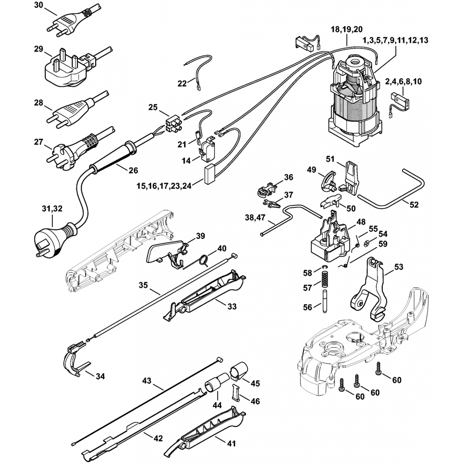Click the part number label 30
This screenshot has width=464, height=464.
pos(39,6)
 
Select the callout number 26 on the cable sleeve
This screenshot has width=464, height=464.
pos(133,170)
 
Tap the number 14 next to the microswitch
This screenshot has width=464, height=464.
pos(187,161)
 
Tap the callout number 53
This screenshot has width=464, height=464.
pos(399,267)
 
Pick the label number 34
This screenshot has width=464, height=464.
pos(100,376)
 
